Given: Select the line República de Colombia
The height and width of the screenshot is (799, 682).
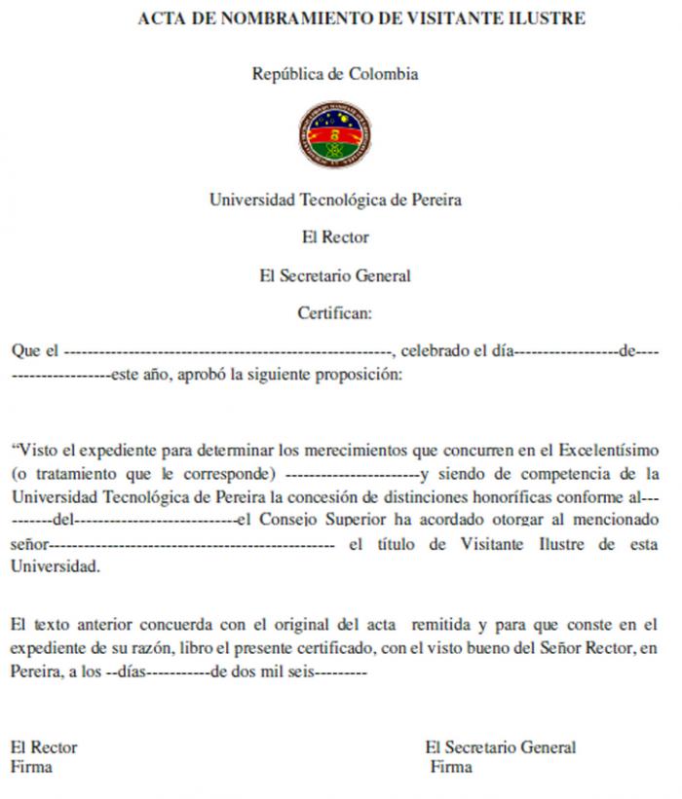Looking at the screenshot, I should tap(335, 74).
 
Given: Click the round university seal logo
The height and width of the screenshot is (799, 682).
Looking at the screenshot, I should tap(334, 135).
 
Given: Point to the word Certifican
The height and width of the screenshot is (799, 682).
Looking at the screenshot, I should tap(334, 313).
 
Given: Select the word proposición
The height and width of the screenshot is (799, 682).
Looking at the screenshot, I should tap(358, 374).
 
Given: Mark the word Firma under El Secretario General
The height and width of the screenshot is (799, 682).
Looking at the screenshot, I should tap(451, 767).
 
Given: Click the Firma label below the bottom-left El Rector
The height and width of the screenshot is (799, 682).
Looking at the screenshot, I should tap(31, 767).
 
